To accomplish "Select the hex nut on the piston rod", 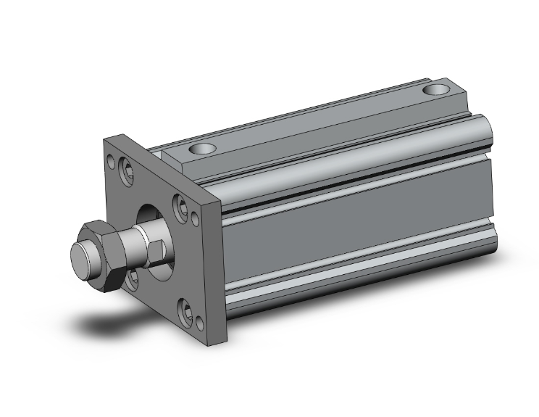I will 105,254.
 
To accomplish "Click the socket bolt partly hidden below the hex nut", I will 132,278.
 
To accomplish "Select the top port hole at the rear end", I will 436,91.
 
